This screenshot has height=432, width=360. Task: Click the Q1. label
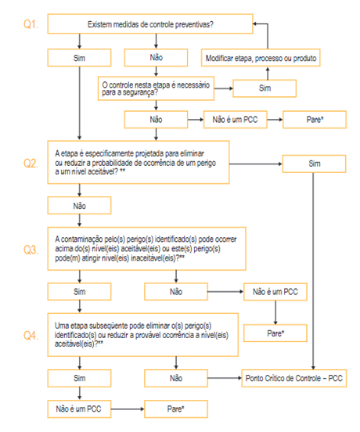[x=31, y=24]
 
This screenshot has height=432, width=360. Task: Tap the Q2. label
[x=31, y=163]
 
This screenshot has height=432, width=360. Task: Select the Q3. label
[x=31, y=250]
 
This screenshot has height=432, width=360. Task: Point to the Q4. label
[x=31, y=335]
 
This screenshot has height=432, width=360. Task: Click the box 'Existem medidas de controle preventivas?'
[x=150, y=24]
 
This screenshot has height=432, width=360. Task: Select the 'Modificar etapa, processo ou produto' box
[x=261, y=58]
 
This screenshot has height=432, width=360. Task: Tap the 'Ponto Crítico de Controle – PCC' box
[x=294, y=378]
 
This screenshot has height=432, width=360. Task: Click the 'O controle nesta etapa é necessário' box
[x=156, y=88]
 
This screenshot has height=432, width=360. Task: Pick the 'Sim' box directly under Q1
[x=79, y=58]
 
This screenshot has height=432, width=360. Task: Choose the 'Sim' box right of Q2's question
[x=314, y=164]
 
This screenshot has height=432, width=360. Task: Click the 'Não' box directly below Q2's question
[x=79, y=206]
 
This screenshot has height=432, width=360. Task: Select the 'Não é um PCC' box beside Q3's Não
[x=275, y=292]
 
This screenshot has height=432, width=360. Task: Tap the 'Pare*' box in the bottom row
[x=176, y=409]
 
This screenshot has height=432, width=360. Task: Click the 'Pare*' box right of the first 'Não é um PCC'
[x=315, y=120]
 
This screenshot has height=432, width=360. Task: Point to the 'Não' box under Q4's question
[x=176, y=378]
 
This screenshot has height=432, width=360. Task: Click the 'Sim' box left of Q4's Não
[x=79, y=378]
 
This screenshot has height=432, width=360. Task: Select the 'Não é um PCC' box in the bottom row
[x=79, y=409]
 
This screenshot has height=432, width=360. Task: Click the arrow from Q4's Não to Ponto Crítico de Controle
[x=225, y=378]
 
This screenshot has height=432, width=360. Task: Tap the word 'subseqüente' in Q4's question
[x=103, y=326]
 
